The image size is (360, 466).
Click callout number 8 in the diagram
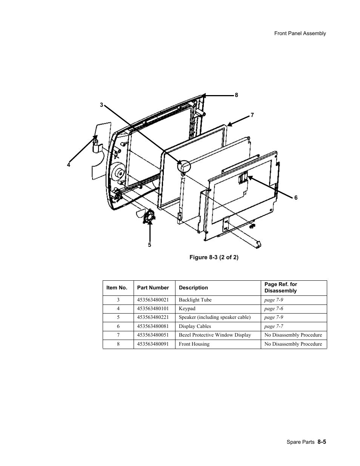pos(236,95)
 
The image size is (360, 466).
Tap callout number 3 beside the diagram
pos(101,105)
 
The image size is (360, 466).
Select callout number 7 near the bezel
pos(252,115)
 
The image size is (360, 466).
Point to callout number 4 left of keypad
pos(69,165)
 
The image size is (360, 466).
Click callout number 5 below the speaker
pos(149,245)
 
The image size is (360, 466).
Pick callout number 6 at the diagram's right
pos(296,198)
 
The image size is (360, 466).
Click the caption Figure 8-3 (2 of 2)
pos(214,257)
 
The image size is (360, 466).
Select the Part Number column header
pos(153,288)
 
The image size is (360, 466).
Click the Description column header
pos(193,288)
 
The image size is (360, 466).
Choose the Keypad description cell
pos(187,309)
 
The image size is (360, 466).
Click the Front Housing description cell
pos(194,344)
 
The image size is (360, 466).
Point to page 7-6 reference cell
pos(274,309)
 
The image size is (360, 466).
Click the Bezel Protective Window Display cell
pos(215,335)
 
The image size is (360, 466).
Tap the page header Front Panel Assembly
pos(300,33)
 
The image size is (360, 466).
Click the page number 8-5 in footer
pos(322,441)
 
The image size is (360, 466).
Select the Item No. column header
pos(117,288)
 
